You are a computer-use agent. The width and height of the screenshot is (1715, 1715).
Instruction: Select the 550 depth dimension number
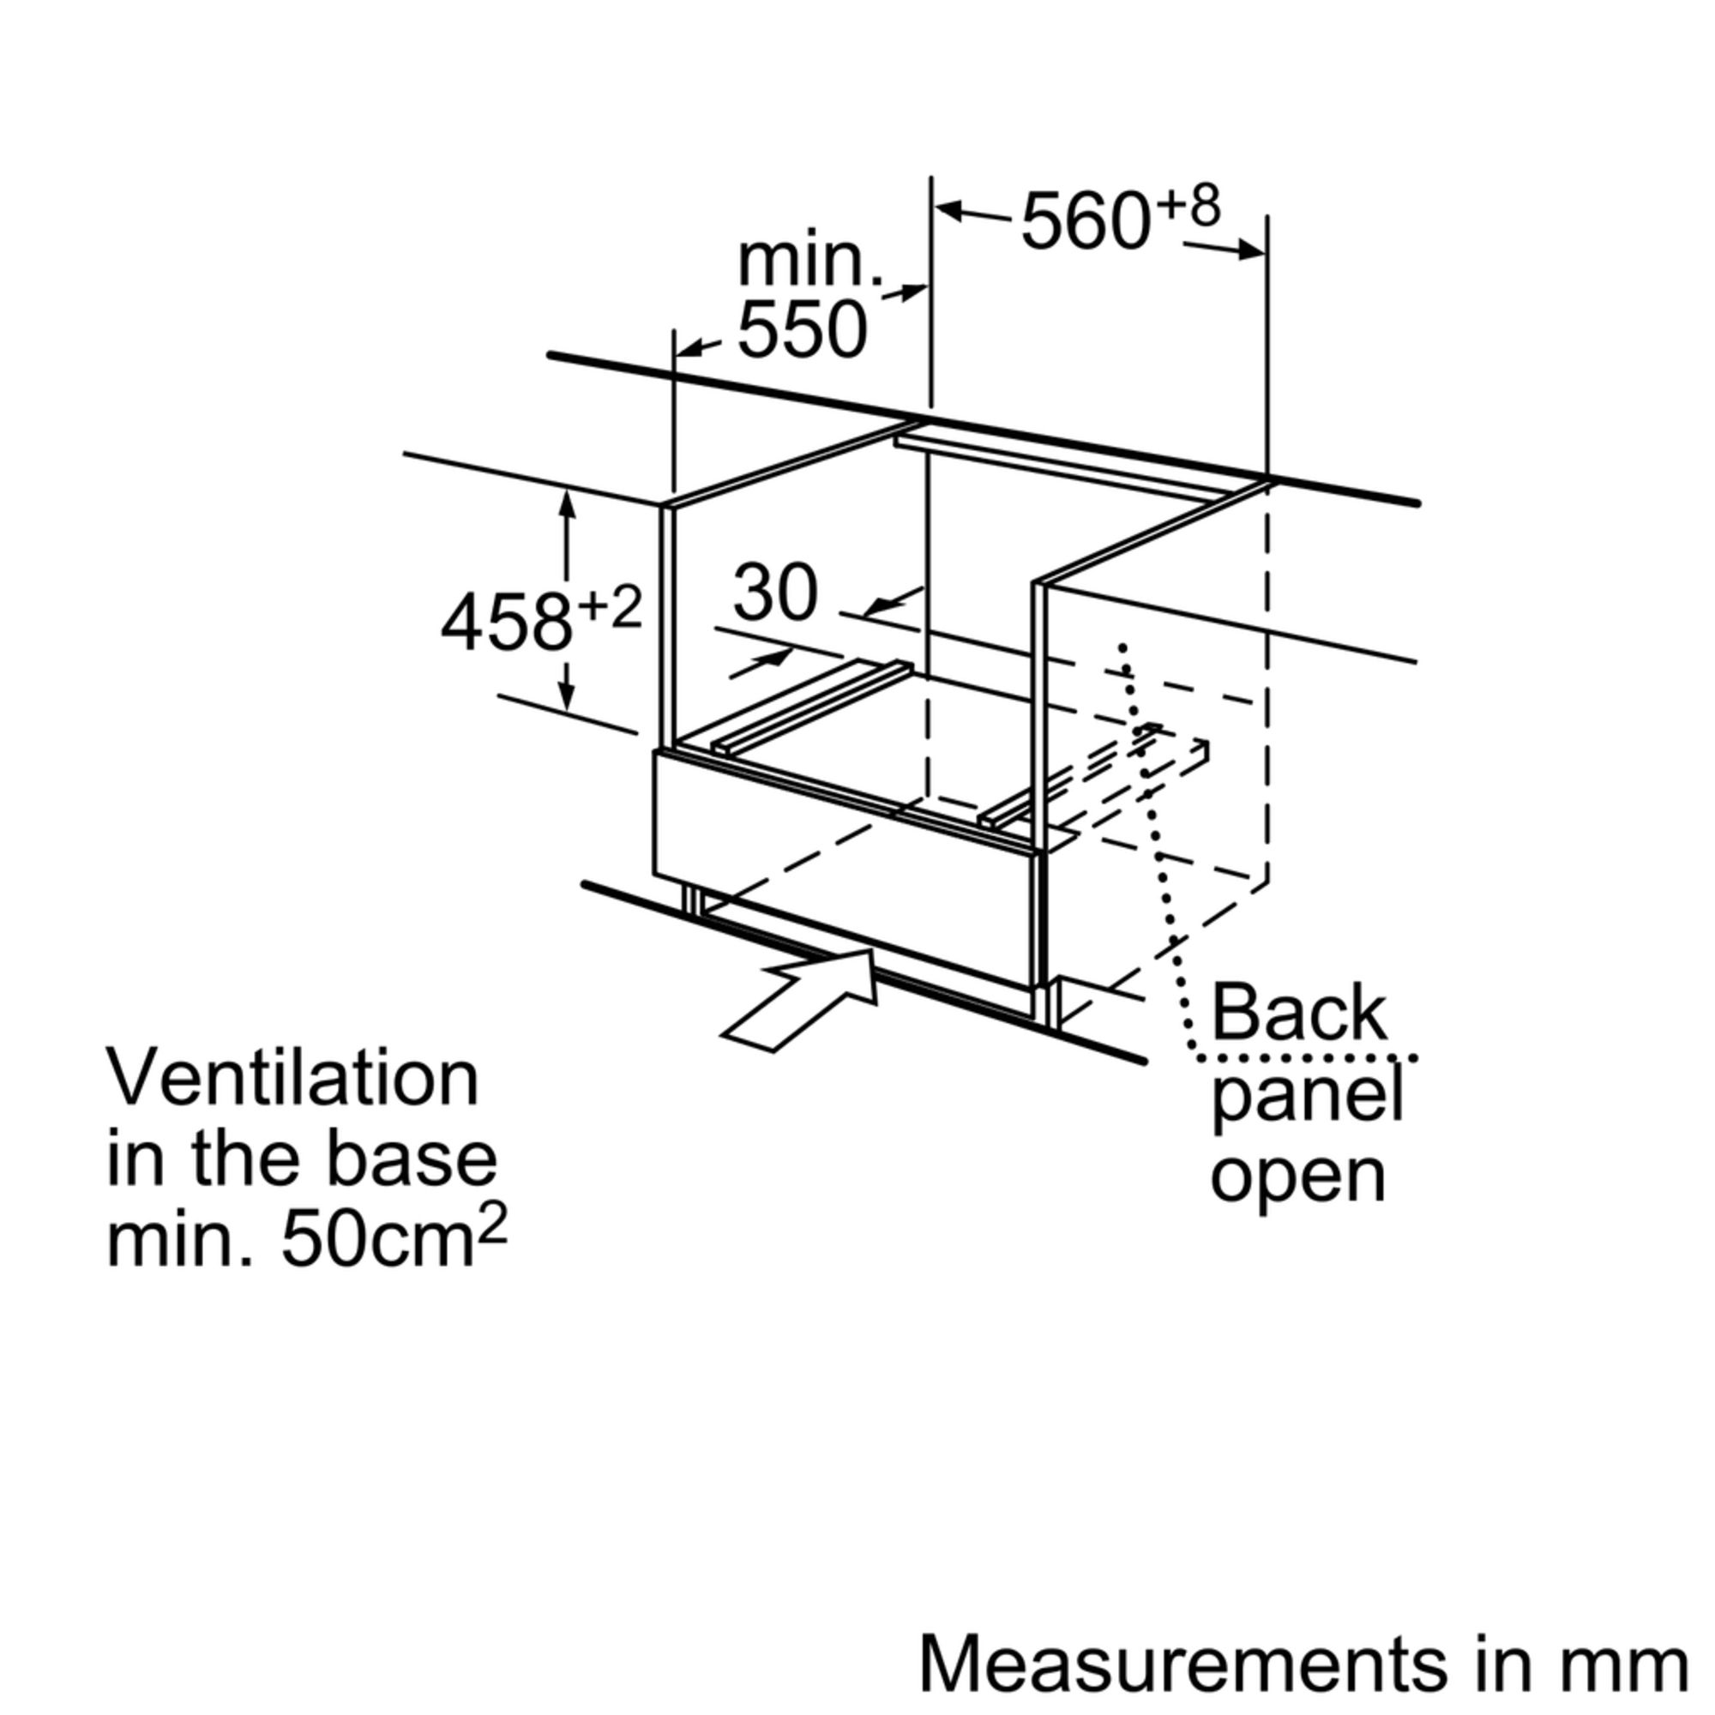[802, 330]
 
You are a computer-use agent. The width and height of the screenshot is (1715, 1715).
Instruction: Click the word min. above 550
[809, 261]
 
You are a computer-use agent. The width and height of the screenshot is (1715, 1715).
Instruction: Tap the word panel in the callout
[1307, 1099]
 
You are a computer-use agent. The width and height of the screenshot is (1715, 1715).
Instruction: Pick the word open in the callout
[1297, 1176]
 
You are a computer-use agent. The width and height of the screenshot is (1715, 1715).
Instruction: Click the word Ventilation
[293, 1078]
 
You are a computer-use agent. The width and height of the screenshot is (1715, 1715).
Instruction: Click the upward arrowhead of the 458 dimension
[566, 502]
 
